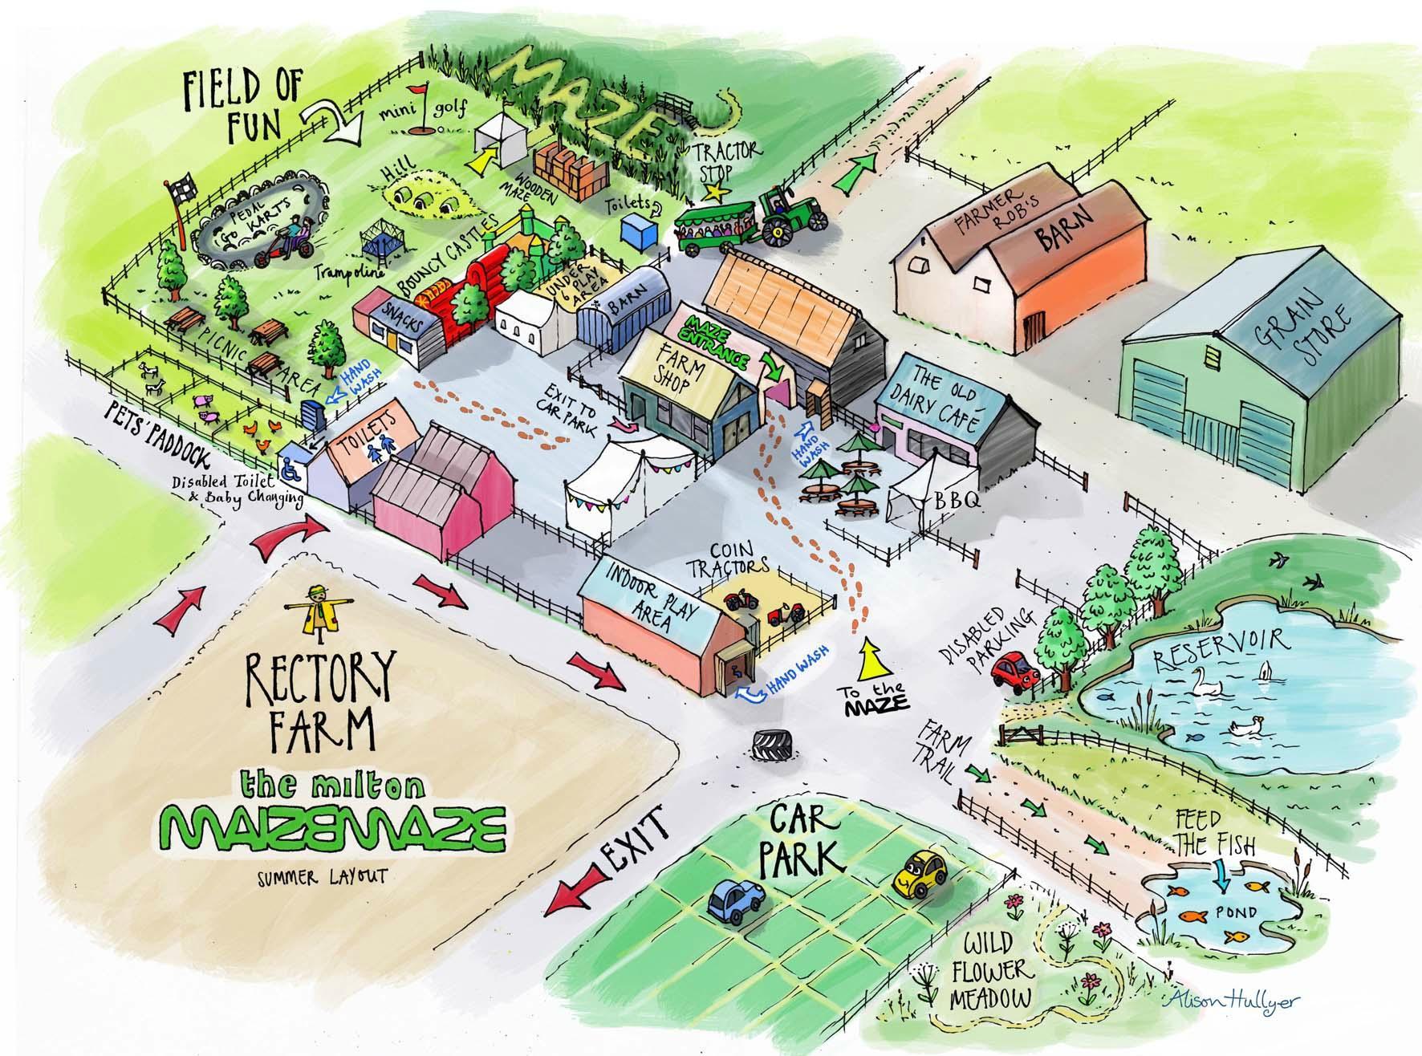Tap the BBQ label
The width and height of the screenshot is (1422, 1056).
coord(955,502)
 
